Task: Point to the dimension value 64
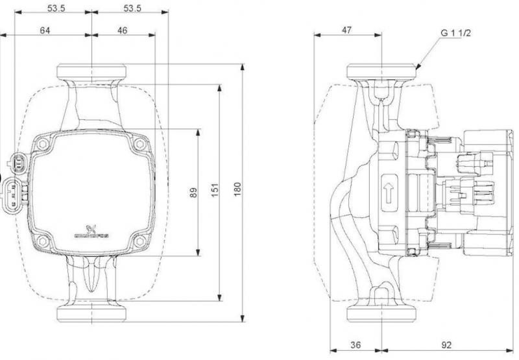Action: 45,30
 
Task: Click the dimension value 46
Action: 123,30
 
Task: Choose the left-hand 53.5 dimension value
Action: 56,7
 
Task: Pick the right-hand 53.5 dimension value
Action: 132,7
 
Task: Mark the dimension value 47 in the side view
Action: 347,30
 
